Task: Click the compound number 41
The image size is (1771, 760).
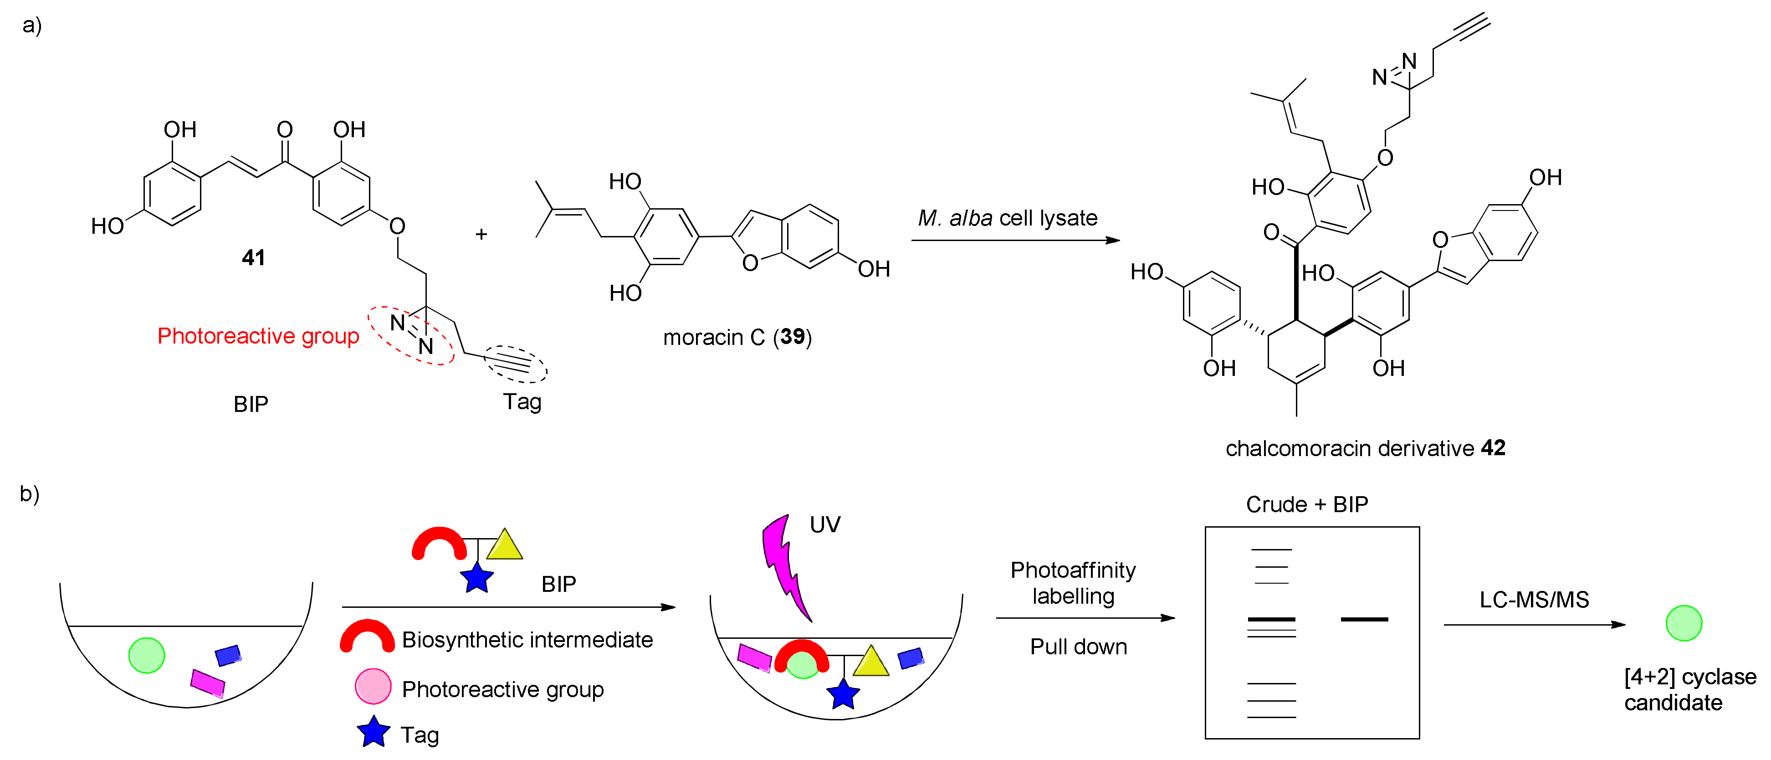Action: coord(253,258)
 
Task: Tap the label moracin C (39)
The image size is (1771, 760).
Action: coord(737,337)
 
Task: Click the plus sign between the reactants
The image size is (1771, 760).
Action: coord(481,235)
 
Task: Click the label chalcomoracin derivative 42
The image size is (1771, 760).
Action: coord(1365,448)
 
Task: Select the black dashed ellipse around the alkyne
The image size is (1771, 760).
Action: coord(516,363)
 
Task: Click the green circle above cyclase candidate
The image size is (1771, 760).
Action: coord(1684,623)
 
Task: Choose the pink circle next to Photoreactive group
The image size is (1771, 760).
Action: coord(373,686)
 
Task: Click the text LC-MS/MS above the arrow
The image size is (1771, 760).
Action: coord(1534,600)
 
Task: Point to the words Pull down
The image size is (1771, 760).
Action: coord(1078,647)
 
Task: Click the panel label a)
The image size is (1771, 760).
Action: coord(31,26)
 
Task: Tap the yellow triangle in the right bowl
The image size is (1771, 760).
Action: coord(870,661)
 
